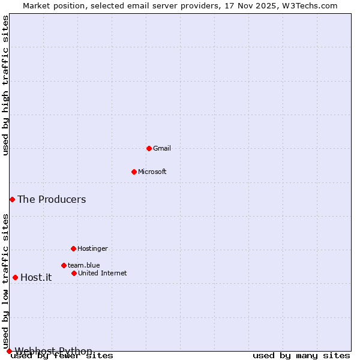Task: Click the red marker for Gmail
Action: click(x=149, y=148)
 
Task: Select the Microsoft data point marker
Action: click(x=134, y=172)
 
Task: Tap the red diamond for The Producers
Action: click(x=12, y=199)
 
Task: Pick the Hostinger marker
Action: click(x=73, y=248)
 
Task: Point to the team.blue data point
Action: click(x=64, y=265)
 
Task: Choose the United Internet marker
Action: click(x=74, y=273)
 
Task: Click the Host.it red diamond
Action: click(x=15, y=277)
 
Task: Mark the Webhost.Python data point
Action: click(x=9, y=351)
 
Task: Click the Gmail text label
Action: click(x=162, y=148)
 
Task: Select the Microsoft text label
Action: click(x=152, y=172)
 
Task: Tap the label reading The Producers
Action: click(x=52, y=199)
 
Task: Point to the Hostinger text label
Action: click(x=92, y=248)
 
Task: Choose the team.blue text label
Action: click(x=84, y=265)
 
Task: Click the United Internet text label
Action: click(x=103, y=273)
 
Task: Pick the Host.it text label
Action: click(x=36, y=277)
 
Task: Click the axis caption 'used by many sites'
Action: click(x=301, y=355)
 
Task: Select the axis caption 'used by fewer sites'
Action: click(x=62, y=355)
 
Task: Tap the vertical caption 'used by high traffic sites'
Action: click(x=6, y=85)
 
